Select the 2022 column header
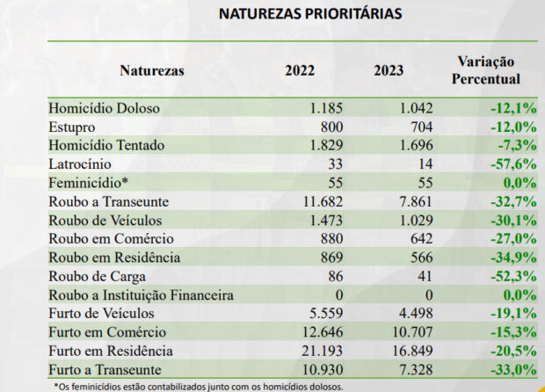tap(302, 71)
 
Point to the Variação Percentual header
tap(486, 70)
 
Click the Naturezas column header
tap(151, 71)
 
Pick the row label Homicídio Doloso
tap(104, 107)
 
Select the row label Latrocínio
tap(80, 163)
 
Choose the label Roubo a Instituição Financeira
tap(141, 295)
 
